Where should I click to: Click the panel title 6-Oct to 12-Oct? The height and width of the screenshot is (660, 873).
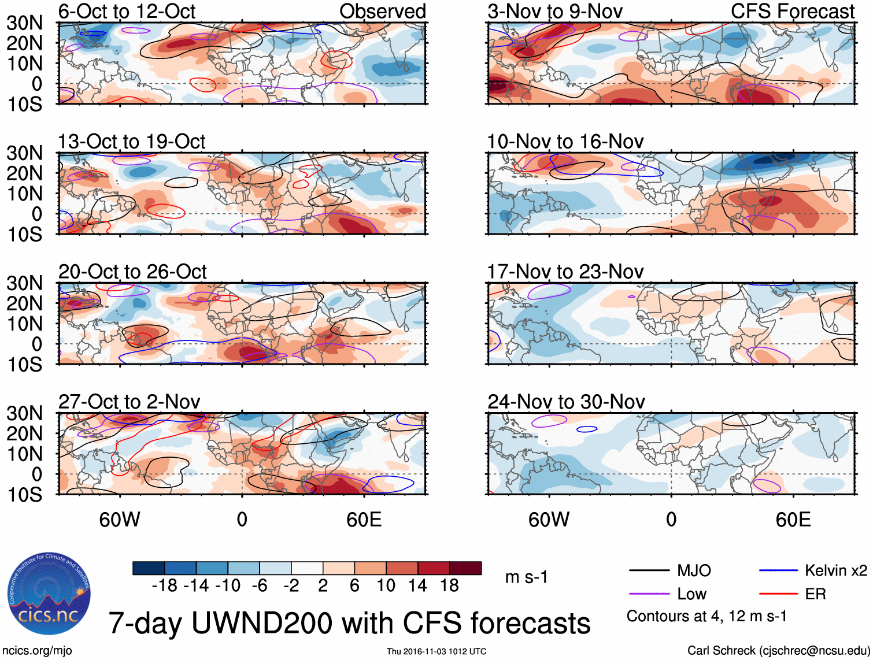click(127, 11)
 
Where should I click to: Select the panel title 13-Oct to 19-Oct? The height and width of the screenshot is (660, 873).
click(132, 142)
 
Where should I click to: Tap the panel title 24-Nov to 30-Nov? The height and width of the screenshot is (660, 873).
click(566, 402)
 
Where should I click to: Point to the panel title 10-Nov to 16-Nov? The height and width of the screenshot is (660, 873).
click(565, 142)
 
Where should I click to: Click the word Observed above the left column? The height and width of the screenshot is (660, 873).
click(383, 11)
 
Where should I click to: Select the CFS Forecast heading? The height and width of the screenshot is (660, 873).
click(792, 11)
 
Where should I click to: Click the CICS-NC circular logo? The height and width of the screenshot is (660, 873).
click(49, 594)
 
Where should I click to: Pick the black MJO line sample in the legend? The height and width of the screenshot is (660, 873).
click(649, 571)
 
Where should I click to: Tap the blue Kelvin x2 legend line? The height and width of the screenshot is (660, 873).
click(778, 571)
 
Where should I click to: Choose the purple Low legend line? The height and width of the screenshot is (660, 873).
click(649, 594)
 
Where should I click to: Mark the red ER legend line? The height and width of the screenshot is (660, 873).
click(778, 594)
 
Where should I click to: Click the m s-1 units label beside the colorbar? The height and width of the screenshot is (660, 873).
click(526, 577)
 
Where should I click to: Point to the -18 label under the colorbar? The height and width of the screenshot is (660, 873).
click(165, 585)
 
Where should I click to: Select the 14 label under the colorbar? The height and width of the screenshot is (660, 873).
click(417, 585)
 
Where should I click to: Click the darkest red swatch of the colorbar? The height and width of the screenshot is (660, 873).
click(465, 568)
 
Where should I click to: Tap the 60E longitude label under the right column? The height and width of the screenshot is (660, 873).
click(793, 520)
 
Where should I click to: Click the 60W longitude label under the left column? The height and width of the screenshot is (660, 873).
click(120, 520)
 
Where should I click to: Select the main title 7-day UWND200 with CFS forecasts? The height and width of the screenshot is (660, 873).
click(349, 623)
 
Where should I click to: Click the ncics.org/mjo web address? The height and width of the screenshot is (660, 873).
click(37, 651)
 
